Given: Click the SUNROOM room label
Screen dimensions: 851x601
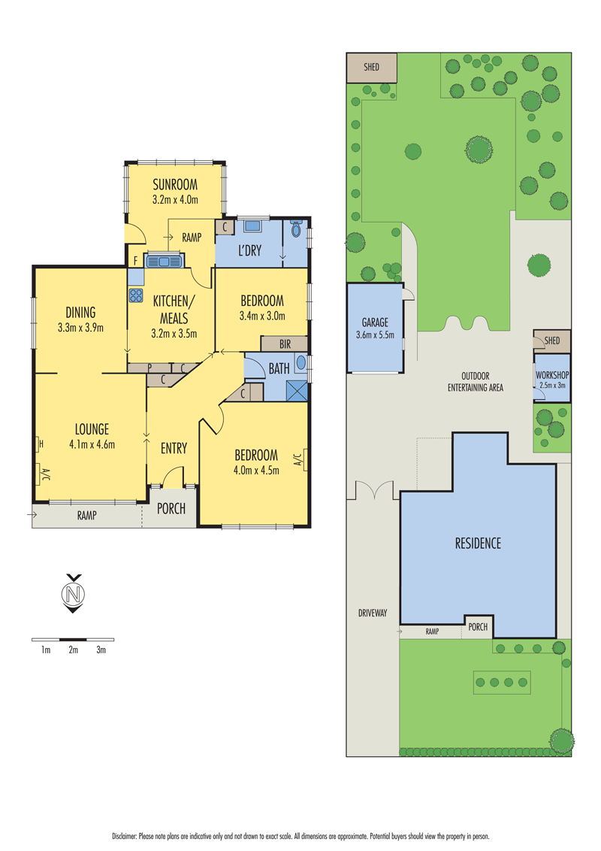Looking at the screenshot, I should tap(174, 186).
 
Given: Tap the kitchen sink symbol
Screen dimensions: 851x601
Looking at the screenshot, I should tap(164, 261).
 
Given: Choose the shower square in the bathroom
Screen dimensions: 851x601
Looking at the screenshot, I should tap(297, 391).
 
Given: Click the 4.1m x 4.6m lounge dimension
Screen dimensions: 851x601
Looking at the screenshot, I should tap(92, 444).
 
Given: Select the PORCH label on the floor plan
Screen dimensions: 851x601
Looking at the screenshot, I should tap(171, 508).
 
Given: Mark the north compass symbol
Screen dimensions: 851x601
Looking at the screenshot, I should tap(73, 594).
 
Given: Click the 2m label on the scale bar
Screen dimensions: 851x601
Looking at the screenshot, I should tap(73, 650).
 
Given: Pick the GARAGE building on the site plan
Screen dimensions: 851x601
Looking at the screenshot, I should tap(374, 328).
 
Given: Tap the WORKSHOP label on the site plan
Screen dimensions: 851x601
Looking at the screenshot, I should tap(552, 374).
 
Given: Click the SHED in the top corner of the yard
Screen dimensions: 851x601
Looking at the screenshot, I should tap(371, 68).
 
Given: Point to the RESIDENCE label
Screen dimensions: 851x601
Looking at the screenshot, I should tap(478, 543).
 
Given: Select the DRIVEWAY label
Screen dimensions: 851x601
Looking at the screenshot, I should tap(372, 613).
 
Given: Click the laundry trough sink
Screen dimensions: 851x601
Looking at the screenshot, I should tap(252, 226).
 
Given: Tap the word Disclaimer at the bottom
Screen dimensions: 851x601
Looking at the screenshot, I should tap(127, 835).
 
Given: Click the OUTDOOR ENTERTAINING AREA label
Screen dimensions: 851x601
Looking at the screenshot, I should tap(475, 382).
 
